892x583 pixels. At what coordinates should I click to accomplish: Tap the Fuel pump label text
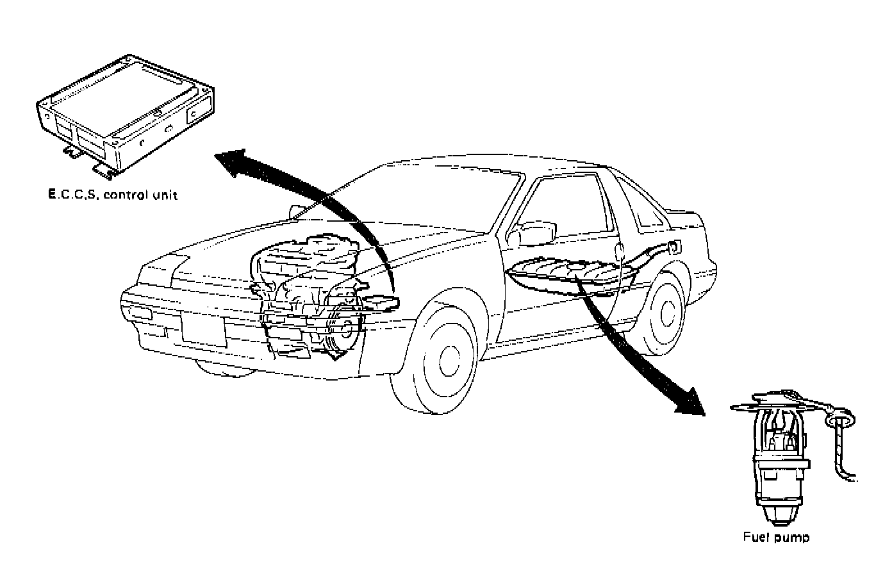[776, 538]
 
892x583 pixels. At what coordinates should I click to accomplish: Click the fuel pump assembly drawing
[779, 456]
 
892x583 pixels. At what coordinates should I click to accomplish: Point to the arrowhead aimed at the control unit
[231, 161]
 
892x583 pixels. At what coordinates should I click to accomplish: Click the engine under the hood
[308, 288]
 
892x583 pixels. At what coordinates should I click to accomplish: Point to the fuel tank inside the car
[564, 275]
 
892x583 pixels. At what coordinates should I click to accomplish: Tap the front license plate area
[203, 329]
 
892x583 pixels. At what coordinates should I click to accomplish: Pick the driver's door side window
[567, 205]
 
